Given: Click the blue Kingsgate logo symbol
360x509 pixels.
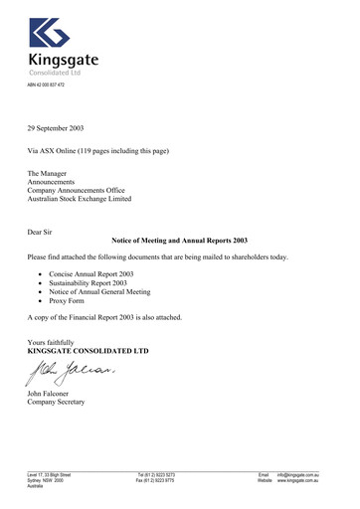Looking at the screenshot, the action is tap(49, 33).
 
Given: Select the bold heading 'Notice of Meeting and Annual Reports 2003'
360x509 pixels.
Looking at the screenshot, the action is tap(179, 242).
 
